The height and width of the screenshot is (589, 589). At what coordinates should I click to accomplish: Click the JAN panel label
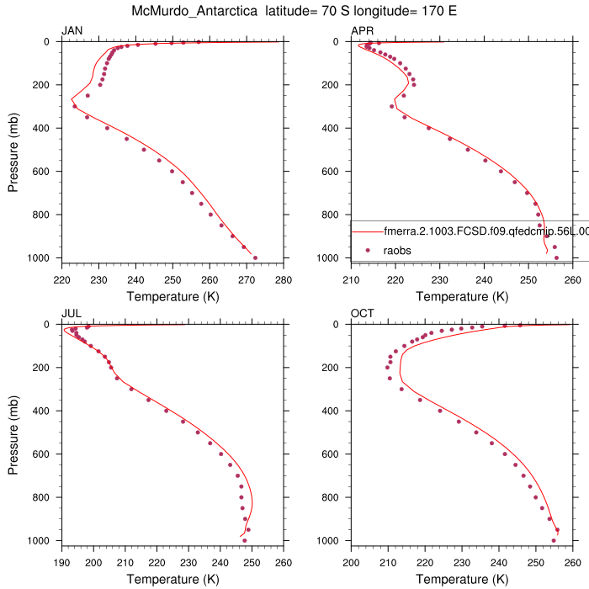tap(72, 31)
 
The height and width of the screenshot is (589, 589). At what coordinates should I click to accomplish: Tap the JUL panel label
tap(72, 314)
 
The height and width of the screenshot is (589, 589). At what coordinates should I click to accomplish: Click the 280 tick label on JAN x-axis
tap(284, 279)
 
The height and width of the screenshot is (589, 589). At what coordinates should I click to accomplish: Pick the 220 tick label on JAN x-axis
tap(61, 279)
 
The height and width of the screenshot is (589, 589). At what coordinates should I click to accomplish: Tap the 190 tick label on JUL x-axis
tap(61, 562)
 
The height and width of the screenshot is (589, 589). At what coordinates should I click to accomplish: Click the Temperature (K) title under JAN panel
tap(172, 296)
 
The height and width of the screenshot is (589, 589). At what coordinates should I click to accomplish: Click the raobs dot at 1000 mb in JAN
tap(255, 257)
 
